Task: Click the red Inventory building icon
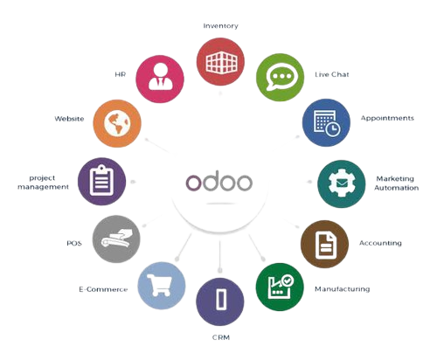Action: [x=220, y=62]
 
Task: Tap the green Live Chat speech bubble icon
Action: [x=280, y=77]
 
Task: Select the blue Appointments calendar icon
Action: [x=326, y=122]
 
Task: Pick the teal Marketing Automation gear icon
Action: [x=342, y=183]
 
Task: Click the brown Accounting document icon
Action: [x=324, y=244]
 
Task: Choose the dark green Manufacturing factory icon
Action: [x=280, y=287]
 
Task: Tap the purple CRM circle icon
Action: [x=220, y=301]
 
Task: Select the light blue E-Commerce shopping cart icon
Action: [x=162, y=286]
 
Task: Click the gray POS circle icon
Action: [x=116, y=239]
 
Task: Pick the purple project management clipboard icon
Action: [x=101, y=181]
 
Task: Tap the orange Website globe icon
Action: [x=117, y=123]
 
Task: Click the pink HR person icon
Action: [x=160, y=79]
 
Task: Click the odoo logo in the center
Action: [x=219, y=182]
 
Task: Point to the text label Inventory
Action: [x=220, y=26]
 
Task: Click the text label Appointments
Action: [x=387, y=118]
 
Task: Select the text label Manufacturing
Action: [x=343, y=289]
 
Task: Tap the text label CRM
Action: [x=221, y=337]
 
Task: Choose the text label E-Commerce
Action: [x=103, y=289]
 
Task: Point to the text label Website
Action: [x=69, y=119]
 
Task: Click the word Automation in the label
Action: [x=397, y=188]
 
